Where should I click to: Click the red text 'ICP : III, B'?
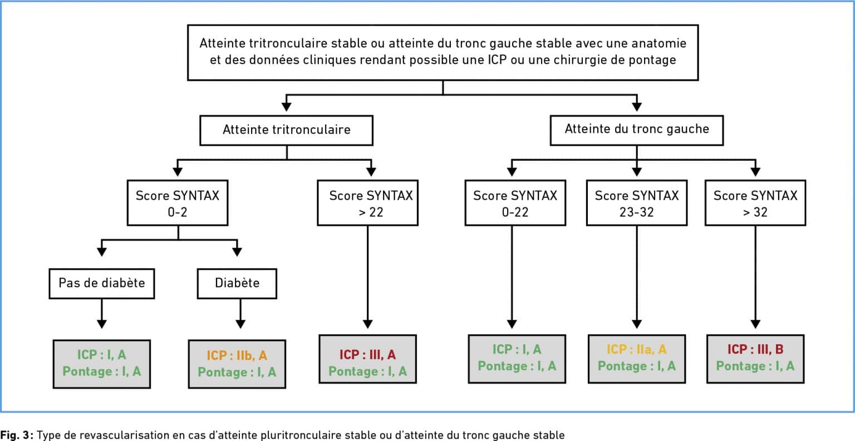[x=755, y=349]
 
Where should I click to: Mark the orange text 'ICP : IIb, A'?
[x=237, y=355]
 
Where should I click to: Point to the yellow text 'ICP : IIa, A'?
[x=637, y=349]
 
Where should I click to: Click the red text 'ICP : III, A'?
[x=367, y=354]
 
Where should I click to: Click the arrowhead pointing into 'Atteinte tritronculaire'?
[x=286, y=106]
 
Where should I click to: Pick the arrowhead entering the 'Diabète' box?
[x=237, y=251]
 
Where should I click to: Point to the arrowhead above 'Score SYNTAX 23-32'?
[x=637, y=172]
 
